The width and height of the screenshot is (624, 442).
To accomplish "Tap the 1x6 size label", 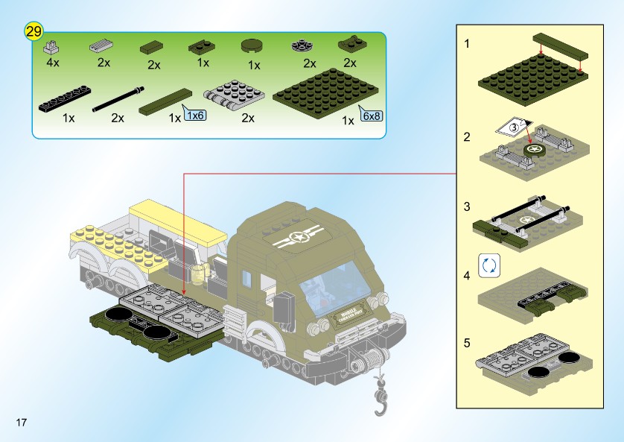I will point(195,116).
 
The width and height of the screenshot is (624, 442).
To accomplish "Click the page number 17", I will point(20,423).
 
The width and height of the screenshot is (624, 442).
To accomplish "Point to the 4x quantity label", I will point(52,63).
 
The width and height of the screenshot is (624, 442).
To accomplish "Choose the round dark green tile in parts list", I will point(252,46).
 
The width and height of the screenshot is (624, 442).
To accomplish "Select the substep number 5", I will point(467,344).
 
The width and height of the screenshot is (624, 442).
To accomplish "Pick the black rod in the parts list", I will point(118,98).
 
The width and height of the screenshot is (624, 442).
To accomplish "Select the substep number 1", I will point(467,43).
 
